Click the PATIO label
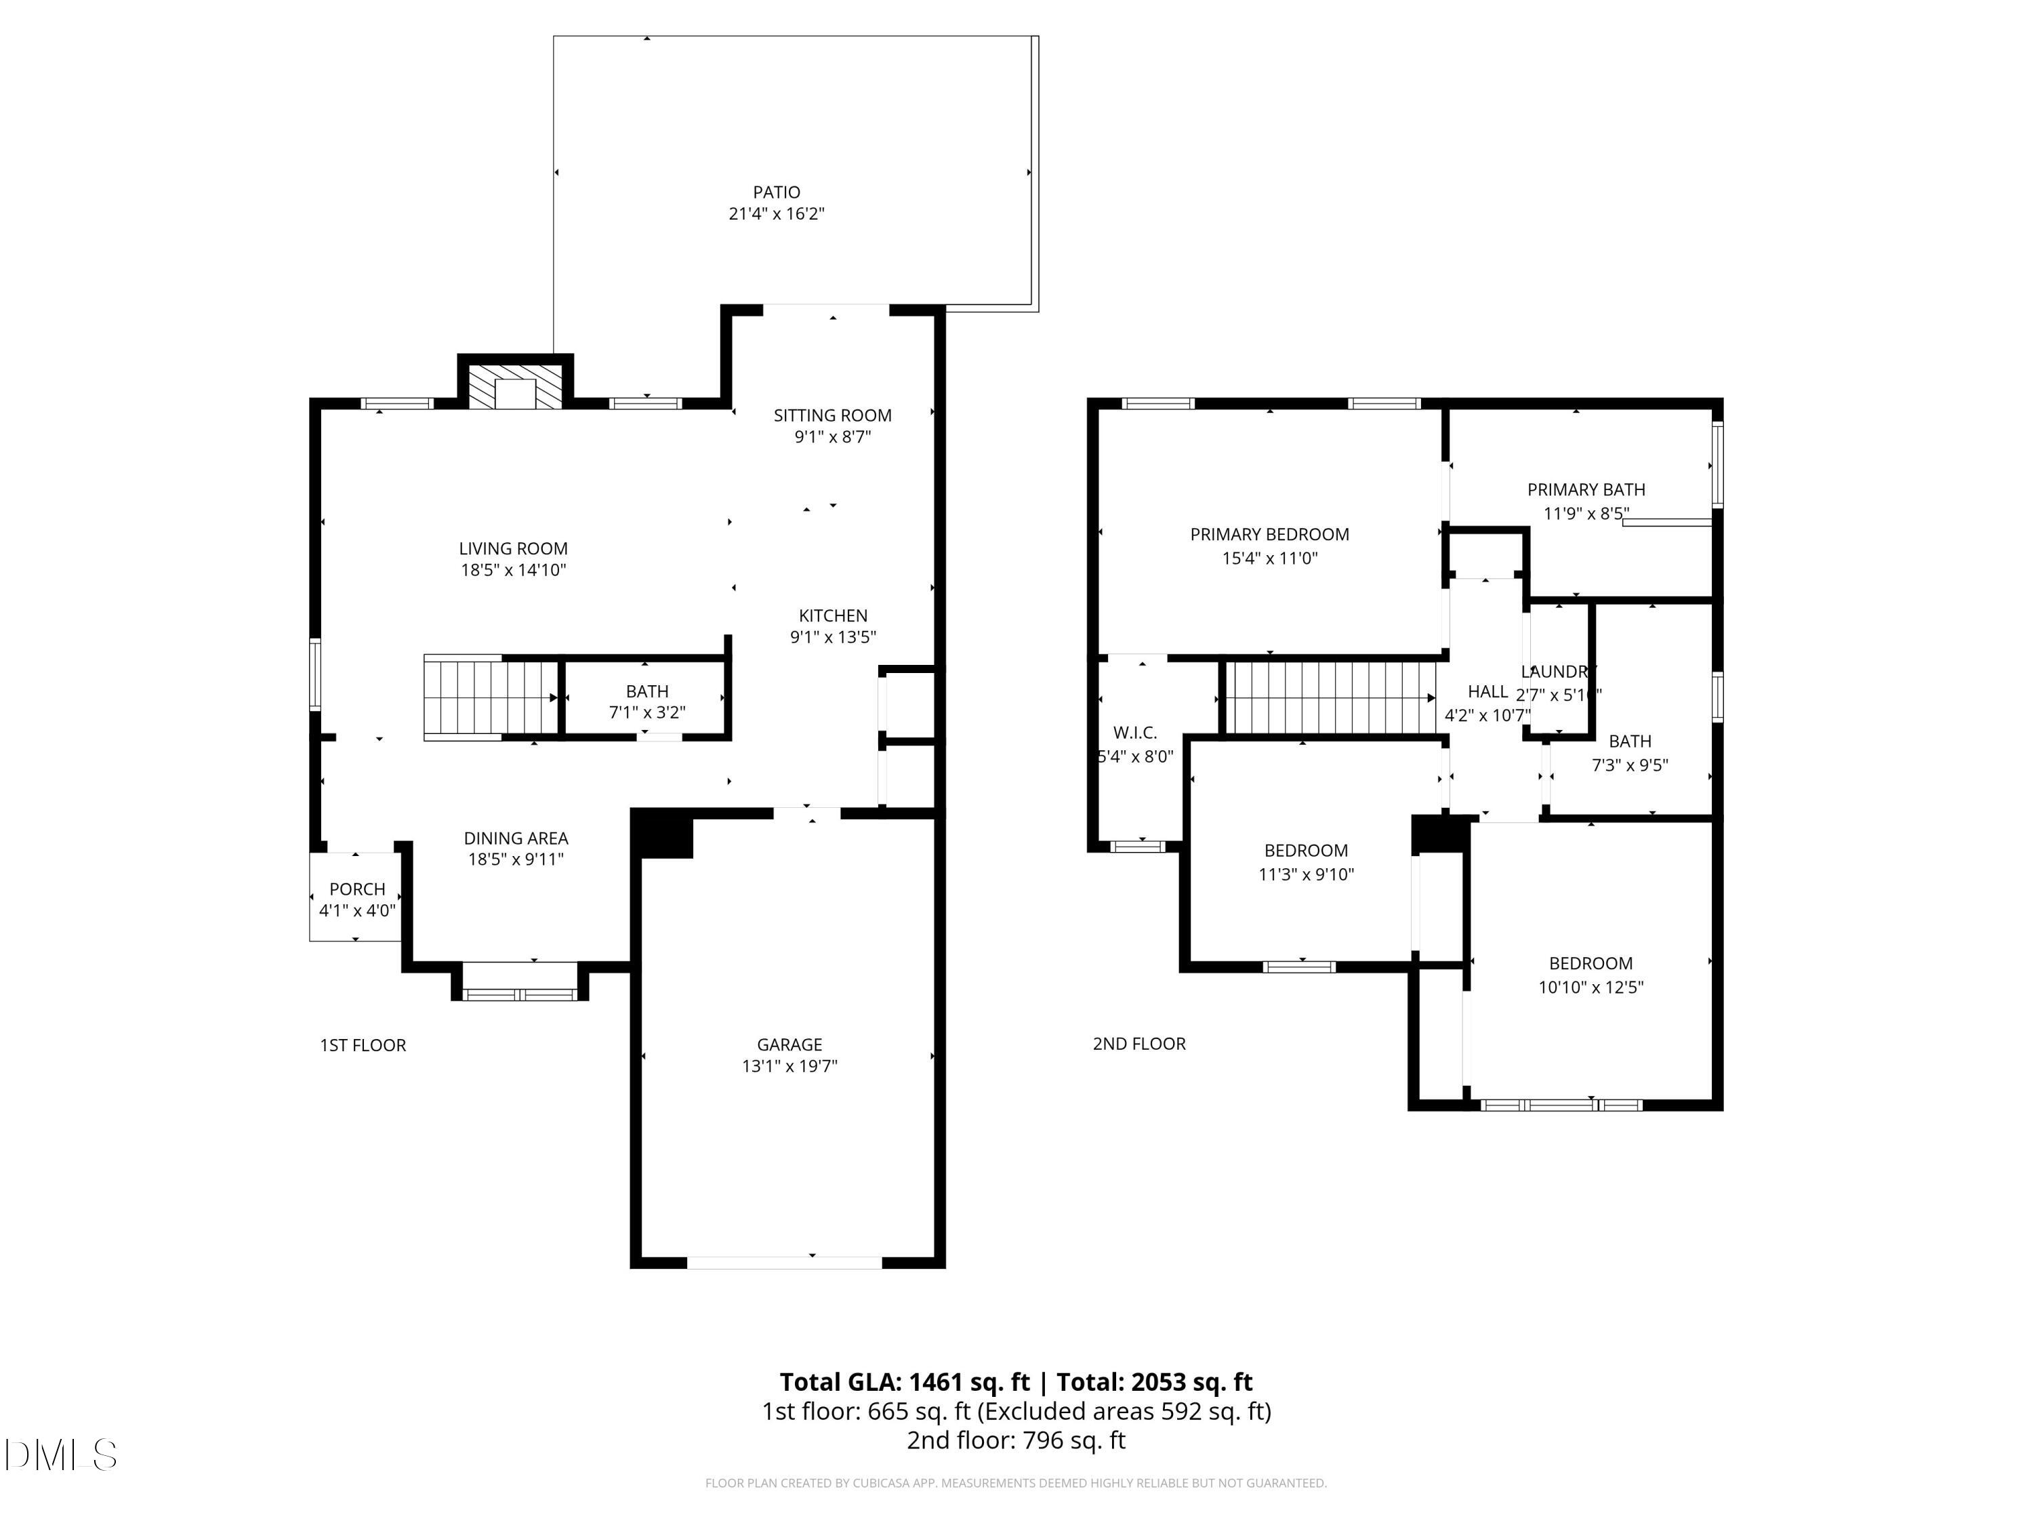coord(776,192)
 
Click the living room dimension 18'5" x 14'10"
coord(513,570)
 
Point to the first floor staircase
coord(491,697)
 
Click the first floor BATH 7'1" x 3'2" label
coord(647,701)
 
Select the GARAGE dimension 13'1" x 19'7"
coord(789,1066)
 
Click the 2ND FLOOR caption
coord(1138,1043)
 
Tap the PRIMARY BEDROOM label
coord(1269,534)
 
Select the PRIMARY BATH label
coord(1586,490)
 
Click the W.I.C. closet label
coord(1134,733)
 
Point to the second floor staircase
coord(1331,699)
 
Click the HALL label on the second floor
coord(1487,691)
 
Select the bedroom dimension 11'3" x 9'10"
coord(1305,874)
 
